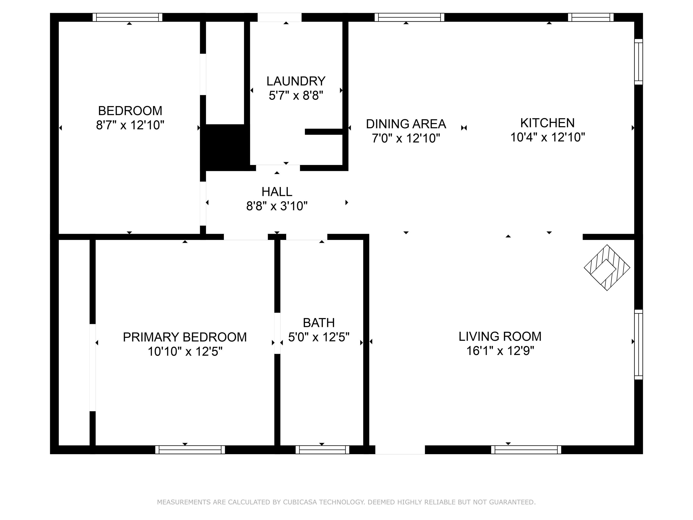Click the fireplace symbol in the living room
[607, 267]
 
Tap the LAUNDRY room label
[296, 81]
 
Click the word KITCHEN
[547, 123]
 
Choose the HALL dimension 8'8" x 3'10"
[277, 206]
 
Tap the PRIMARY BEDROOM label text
[185, 337]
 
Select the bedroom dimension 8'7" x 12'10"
[130, 125]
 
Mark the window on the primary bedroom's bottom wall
[190, 450]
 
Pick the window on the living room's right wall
[638, 345]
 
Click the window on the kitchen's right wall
[638, 62]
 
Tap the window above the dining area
[409, 17]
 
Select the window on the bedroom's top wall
[127, 17]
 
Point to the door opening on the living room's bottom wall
[400, 450]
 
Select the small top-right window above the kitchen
[591, 17]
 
